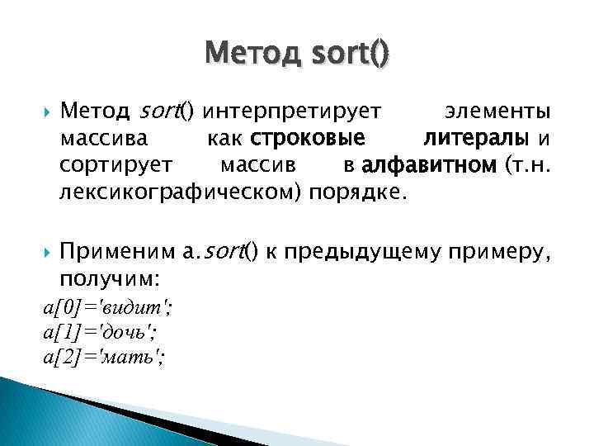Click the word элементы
498,111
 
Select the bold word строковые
309,138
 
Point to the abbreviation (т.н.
526,165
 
